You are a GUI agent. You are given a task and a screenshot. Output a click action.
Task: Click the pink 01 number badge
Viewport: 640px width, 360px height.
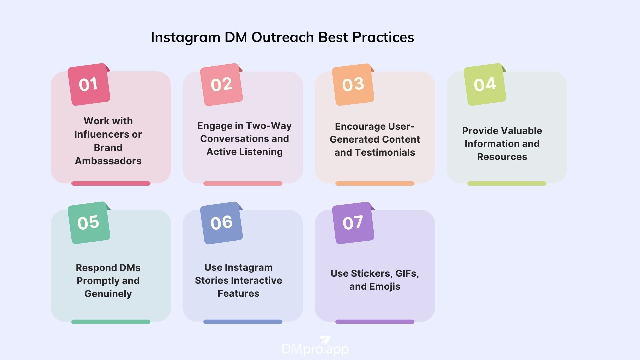(x=89, y=84)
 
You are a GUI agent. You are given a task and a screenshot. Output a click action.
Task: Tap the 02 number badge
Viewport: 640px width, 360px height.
(x=221, y=84)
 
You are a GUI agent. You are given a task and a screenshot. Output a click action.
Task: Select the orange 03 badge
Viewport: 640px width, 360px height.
(x=353, y=84)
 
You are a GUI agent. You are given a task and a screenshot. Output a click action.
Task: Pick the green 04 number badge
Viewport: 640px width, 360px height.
(x=485, y=84)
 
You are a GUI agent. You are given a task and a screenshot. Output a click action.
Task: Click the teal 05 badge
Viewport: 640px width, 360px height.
(x=89, y=223)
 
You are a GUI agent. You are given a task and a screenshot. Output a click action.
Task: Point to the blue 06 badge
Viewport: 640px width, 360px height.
(x=221, y=223)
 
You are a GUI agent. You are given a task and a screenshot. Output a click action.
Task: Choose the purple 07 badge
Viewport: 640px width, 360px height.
(x=353, y=223)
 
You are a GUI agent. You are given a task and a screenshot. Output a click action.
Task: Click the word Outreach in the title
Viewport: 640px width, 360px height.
(x=283, y=37)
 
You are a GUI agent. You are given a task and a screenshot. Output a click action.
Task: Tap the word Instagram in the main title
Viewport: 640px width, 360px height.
(x=185, y=37)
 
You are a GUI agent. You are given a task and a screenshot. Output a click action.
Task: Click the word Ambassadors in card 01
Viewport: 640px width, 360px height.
(x=108, y=161)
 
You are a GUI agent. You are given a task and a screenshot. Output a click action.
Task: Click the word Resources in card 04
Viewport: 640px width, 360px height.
(x=502, y=157)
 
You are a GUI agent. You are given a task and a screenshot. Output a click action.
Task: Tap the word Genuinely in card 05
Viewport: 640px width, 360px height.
(x=108, y=294)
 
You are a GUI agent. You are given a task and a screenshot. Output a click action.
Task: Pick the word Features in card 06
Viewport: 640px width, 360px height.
(x=238, y=293)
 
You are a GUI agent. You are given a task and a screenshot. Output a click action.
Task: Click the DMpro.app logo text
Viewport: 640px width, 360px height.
(x=315, y=349)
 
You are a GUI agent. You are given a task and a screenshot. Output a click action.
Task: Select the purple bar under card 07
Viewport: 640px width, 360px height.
(x=375, y=322)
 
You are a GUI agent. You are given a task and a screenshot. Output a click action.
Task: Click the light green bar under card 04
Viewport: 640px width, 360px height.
(x=507, y=183)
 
